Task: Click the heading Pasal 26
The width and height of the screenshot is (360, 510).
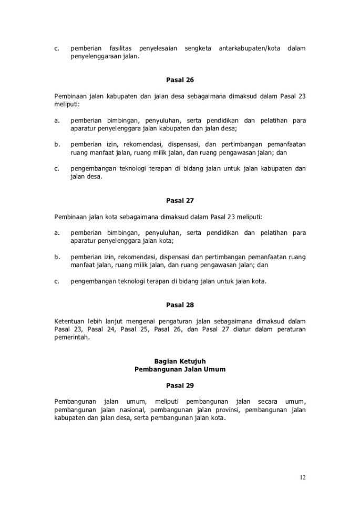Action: pos(180,80)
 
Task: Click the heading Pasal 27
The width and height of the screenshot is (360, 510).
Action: pos(180,200)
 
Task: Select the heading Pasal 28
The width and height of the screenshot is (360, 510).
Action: pos(180,305)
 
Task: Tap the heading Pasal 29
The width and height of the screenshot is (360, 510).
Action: pos(180,385)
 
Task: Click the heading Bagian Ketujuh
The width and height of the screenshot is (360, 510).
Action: pos(180,361)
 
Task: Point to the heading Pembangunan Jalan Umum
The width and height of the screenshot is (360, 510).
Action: pos(180,369)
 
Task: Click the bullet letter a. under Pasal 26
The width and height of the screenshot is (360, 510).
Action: pos(57,120)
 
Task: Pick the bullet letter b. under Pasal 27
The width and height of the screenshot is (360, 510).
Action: pos(57,257)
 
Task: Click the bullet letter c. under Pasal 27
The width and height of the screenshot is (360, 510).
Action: pos(57,281)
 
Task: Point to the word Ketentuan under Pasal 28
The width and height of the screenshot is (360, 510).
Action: pos(70,321)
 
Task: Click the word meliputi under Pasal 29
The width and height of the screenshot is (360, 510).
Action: pos(156,401)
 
